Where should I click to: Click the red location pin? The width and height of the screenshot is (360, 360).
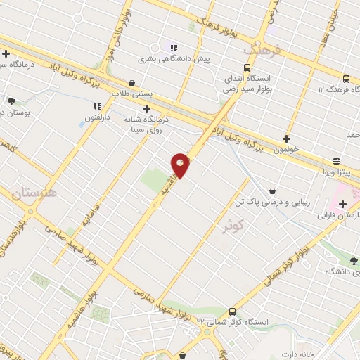click(181, 165)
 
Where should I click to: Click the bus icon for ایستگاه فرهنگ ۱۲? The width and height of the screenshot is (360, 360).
click(345, 79)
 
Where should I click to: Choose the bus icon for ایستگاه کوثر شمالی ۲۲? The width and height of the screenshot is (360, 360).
click(232, 311)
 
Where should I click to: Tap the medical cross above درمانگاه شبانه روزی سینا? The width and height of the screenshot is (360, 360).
click(146, 108)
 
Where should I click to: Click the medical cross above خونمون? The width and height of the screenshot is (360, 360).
click(286, 139)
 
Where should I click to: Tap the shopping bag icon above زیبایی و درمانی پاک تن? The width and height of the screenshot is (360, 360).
click(272, 190)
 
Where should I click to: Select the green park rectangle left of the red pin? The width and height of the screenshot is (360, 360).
click(154, 181)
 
